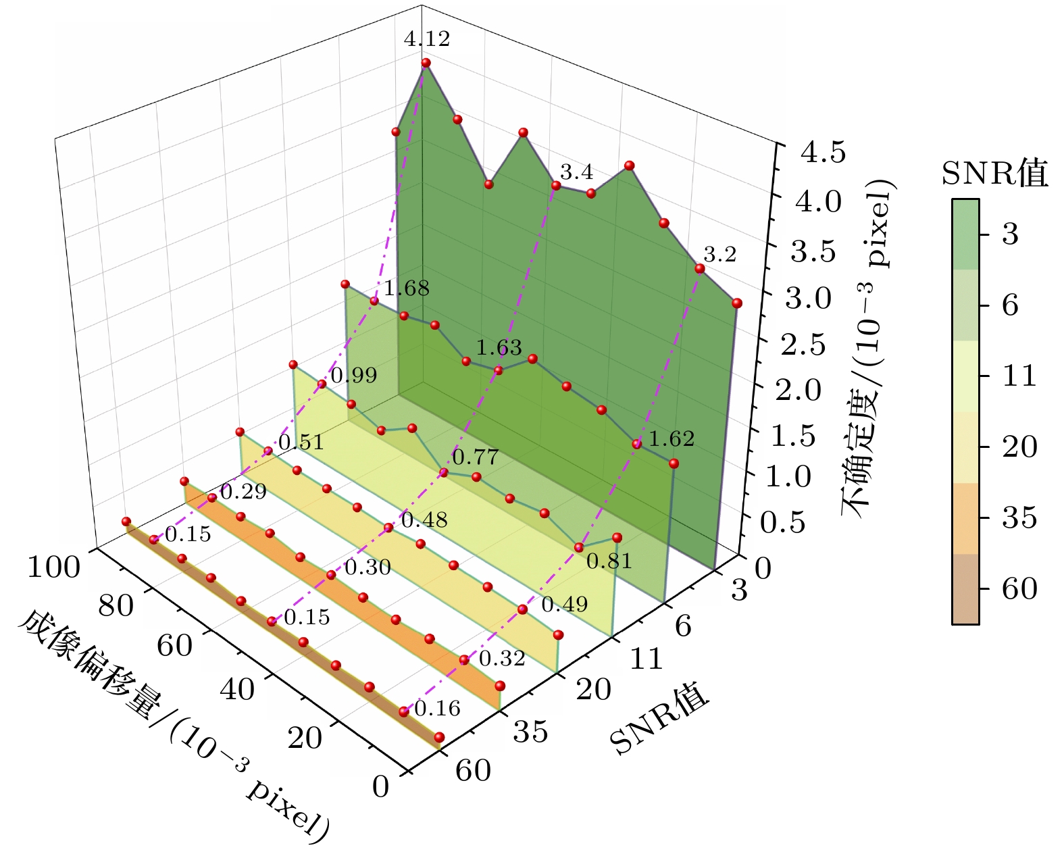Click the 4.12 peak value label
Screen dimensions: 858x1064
(x=426, y=39)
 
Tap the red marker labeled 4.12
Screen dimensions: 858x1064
(x=426, y=63)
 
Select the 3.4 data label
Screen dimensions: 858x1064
(x=576, y=172)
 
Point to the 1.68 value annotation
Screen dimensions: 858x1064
(x=406, y=288)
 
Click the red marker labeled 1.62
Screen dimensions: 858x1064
(x=636, y=444)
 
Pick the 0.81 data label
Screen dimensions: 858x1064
(x=609, y=561)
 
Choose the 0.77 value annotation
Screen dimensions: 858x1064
(x=475, y=457)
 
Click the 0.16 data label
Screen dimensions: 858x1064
(x=437, y=708)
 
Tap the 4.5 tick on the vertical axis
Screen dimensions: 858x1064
(x=822, y=153)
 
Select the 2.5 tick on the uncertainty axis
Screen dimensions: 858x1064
(x=803, y=345)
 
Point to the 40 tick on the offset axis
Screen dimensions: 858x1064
(x=237, y=690)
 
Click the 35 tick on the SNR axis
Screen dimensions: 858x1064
(x=530, y=732)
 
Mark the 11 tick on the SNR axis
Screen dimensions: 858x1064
(x=647, y=659)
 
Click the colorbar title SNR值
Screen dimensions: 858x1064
(x=994, y=174)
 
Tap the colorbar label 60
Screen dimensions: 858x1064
(x=1019, y=589)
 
